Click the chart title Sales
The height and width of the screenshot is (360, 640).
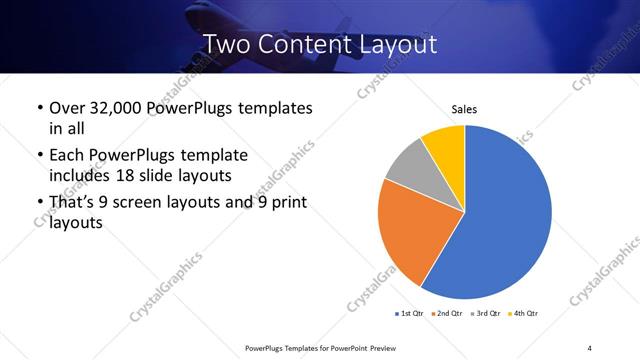tap(465, 108)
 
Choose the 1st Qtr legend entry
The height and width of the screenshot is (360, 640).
tap(409, 314)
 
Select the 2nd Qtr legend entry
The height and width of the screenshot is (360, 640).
tap(446, 314)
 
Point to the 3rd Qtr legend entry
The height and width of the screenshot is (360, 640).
tap(485, 314)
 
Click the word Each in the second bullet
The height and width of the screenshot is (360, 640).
tap(67, 155)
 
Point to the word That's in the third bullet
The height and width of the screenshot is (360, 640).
tap(74, 203)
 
